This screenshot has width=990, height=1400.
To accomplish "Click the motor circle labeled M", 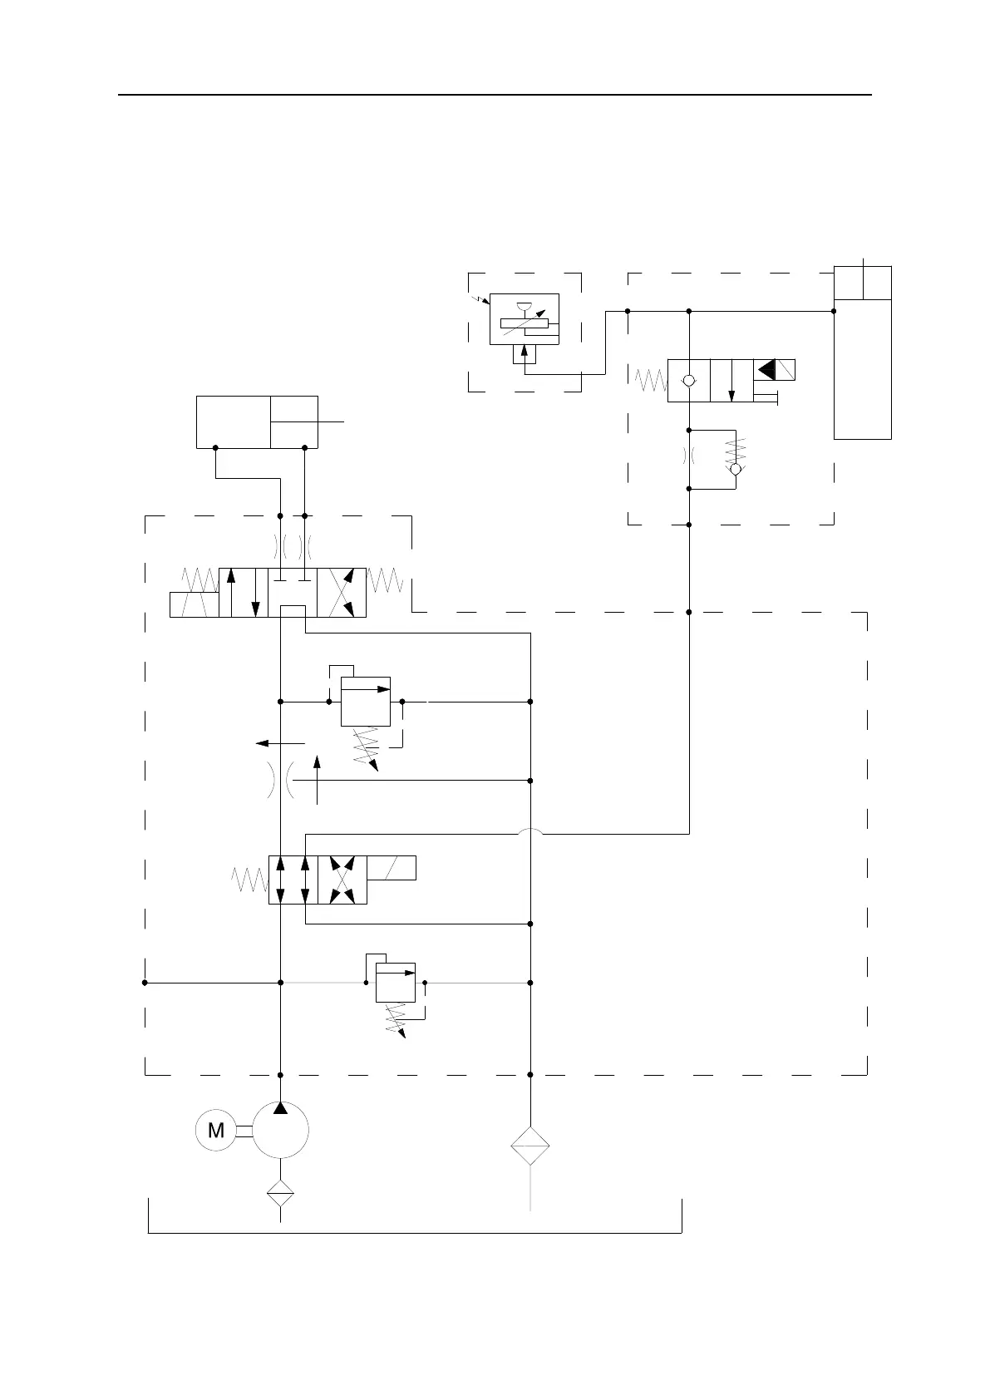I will pyautogui.click(x=216, y=1130).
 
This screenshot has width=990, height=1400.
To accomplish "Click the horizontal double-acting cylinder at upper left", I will pyautogui.click(x=257, y=422).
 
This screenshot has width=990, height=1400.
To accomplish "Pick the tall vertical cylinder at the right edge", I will pyautogui.click(x=862, y=352).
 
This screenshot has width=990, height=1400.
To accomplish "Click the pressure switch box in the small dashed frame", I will pyautogui.click(x=524, y=318).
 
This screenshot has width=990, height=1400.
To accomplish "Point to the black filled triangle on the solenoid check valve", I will pyautogui.click(x=766, y=370).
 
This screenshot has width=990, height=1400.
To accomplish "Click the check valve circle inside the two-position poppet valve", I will pyautogui.click(x=688, y=381).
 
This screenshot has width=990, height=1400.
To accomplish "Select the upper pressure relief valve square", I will pyautogui.click(x=366, y=702).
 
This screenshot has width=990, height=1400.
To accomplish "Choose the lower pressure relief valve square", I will pyautogui.click(x=395, y=983).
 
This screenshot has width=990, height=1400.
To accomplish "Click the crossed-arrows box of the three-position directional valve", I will pyautogui.click(x=342, y=593).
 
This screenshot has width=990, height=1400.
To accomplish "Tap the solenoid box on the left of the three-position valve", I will pyautogui.click(x=194, y=604).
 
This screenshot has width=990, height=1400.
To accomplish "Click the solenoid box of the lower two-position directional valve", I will pyautogui.click(x=391, y=867).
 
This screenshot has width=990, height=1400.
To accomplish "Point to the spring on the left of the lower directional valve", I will pyautogui.click(x=249, y=880).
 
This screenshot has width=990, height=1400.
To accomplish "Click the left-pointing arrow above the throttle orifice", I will pyautogui.click(x=280, y=742).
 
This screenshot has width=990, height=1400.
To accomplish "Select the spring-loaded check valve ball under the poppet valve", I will pyautogui.click(x=736, y=469).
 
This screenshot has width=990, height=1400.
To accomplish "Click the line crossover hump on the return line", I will pyautogui.click(x=530, y=832).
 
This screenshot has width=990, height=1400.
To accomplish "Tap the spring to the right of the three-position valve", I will pyautogui.click(x=385, y=580).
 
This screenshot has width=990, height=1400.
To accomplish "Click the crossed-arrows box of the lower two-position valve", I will pyautogui.click(x=342, y=880).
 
